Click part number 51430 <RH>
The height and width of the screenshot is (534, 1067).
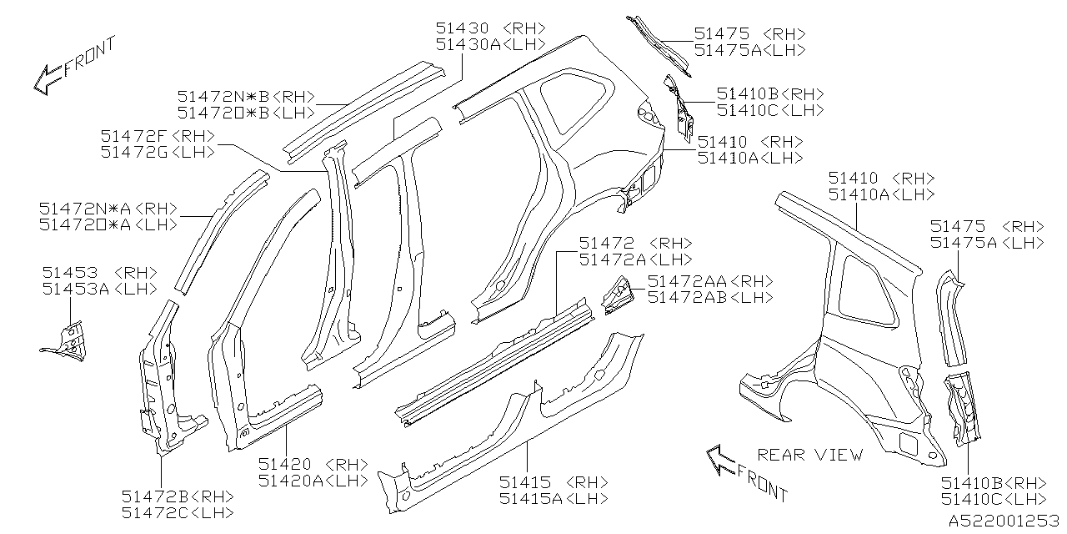pyautogui.click(x=489, y=28)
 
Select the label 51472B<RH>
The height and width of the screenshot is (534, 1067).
pyautogui.click(x=177, y=496)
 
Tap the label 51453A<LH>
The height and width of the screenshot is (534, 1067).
pyautogui.click(x=99, y=289)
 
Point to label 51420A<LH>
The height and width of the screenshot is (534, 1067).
pyautogui.click(x=313, y=481)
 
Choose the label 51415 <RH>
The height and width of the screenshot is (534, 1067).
pyautogui.click(x=554, y=482)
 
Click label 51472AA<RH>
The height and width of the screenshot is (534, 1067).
pyautogui.click(x=710, y=281)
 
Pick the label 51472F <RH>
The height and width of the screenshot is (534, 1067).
pyautogui.click(x=157, y=135)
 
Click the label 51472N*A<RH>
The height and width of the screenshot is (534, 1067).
pyautogui.click(x=108, y=208)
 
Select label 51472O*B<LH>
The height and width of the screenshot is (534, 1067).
pyautogui.click(x=246, y=113)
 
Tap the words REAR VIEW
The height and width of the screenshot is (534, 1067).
pyautogui.click(x=810, y=455)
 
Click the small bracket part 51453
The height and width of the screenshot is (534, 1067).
pyautogui.click(x=68, y=340)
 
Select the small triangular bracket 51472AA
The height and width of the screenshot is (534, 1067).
pyautogui.click(x=616, y=295)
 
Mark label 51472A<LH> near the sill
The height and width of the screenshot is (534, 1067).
pyautogui.click(x=635, y=259)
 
